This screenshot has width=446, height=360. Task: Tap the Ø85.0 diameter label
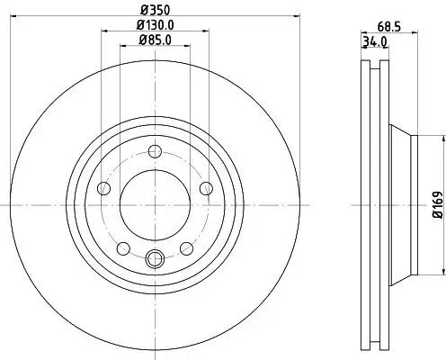tap(154, 39)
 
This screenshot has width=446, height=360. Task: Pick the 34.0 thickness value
tap(374, 41)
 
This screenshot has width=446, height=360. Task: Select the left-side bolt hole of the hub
tap(102, 188)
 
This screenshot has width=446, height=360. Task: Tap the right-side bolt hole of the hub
tap(206, 188)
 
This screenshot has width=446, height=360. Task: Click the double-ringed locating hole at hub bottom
tap(154, 260)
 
